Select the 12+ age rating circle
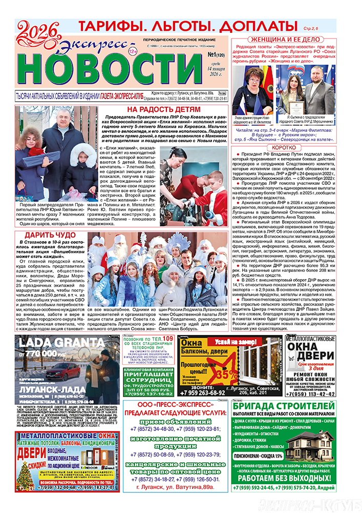point(133,52)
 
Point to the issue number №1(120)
point(216,54)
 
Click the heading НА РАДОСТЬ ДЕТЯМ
point(164,110)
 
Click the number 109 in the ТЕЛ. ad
point(167,340)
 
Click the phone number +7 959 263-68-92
point(203,393)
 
